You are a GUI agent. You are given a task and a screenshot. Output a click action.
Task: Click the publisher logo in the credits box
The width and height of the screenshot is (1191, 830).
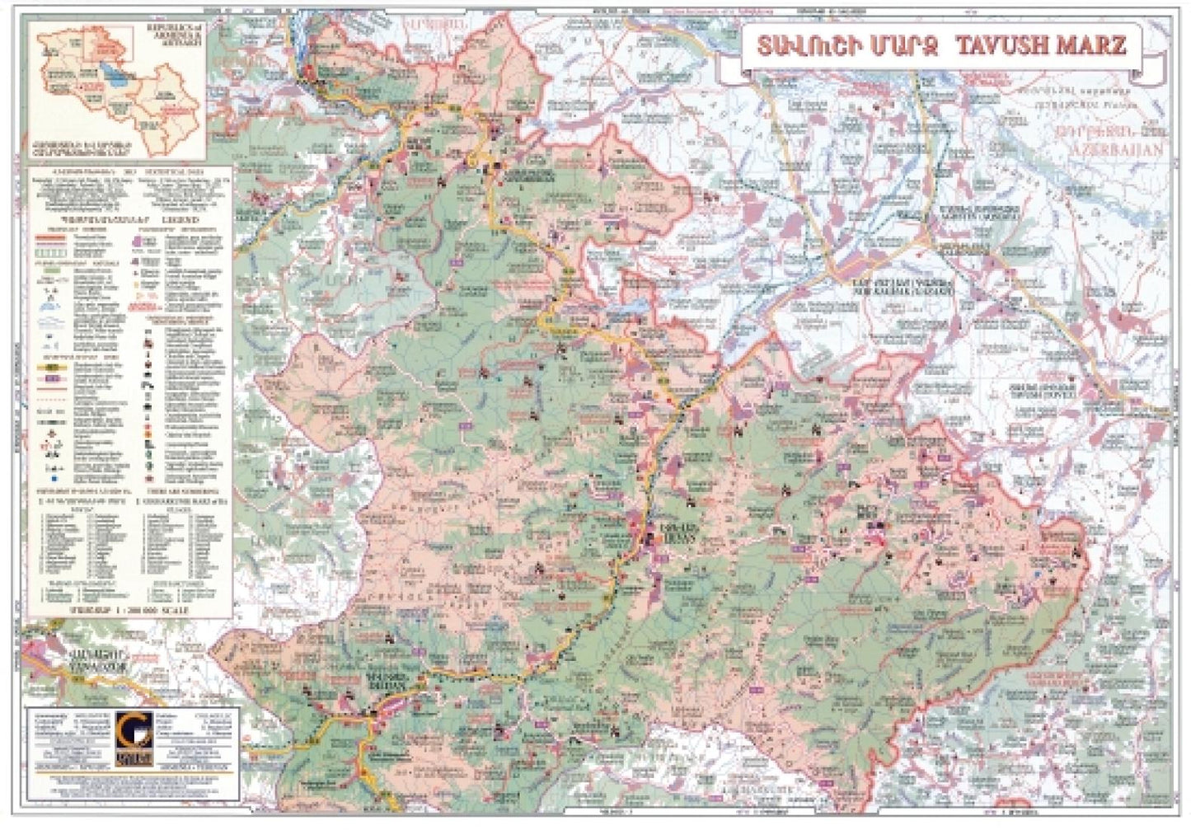(x=131, y=737)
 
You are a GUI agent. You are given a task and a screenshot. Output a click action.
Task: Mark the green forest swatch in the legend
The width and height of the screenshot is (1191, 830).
(x=53, y=269)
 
